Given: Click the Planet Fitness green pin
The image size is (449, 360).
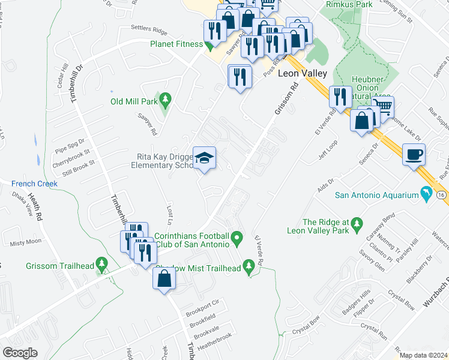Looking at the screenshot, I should pos(208,44).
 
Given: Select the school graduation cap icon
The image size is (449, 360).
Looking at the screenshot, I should pos(204,158).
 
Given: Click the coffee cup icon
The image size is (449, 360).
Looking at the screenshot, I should pos(414,154).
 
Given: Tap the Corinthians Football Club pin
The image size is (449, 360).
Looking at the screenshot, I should pos(238,240).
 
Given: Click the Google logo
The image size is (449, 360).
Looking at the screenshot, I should pos(20,352).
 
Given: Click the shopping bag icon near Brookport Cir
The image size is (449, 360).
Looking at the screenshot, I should pos(164,278).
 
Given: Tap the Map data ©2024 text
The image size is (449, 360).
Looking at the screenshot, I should pos(423,355).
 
